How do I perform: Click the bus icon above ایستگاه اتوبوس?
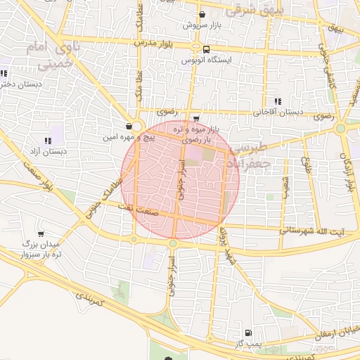206,50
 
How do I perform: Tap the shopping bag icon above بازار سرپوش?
202,15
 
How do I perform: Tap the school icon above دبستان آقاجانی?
278,101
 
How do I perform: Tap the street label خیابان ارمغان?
335,330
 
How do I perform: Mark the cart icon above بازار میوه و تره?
195,119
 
